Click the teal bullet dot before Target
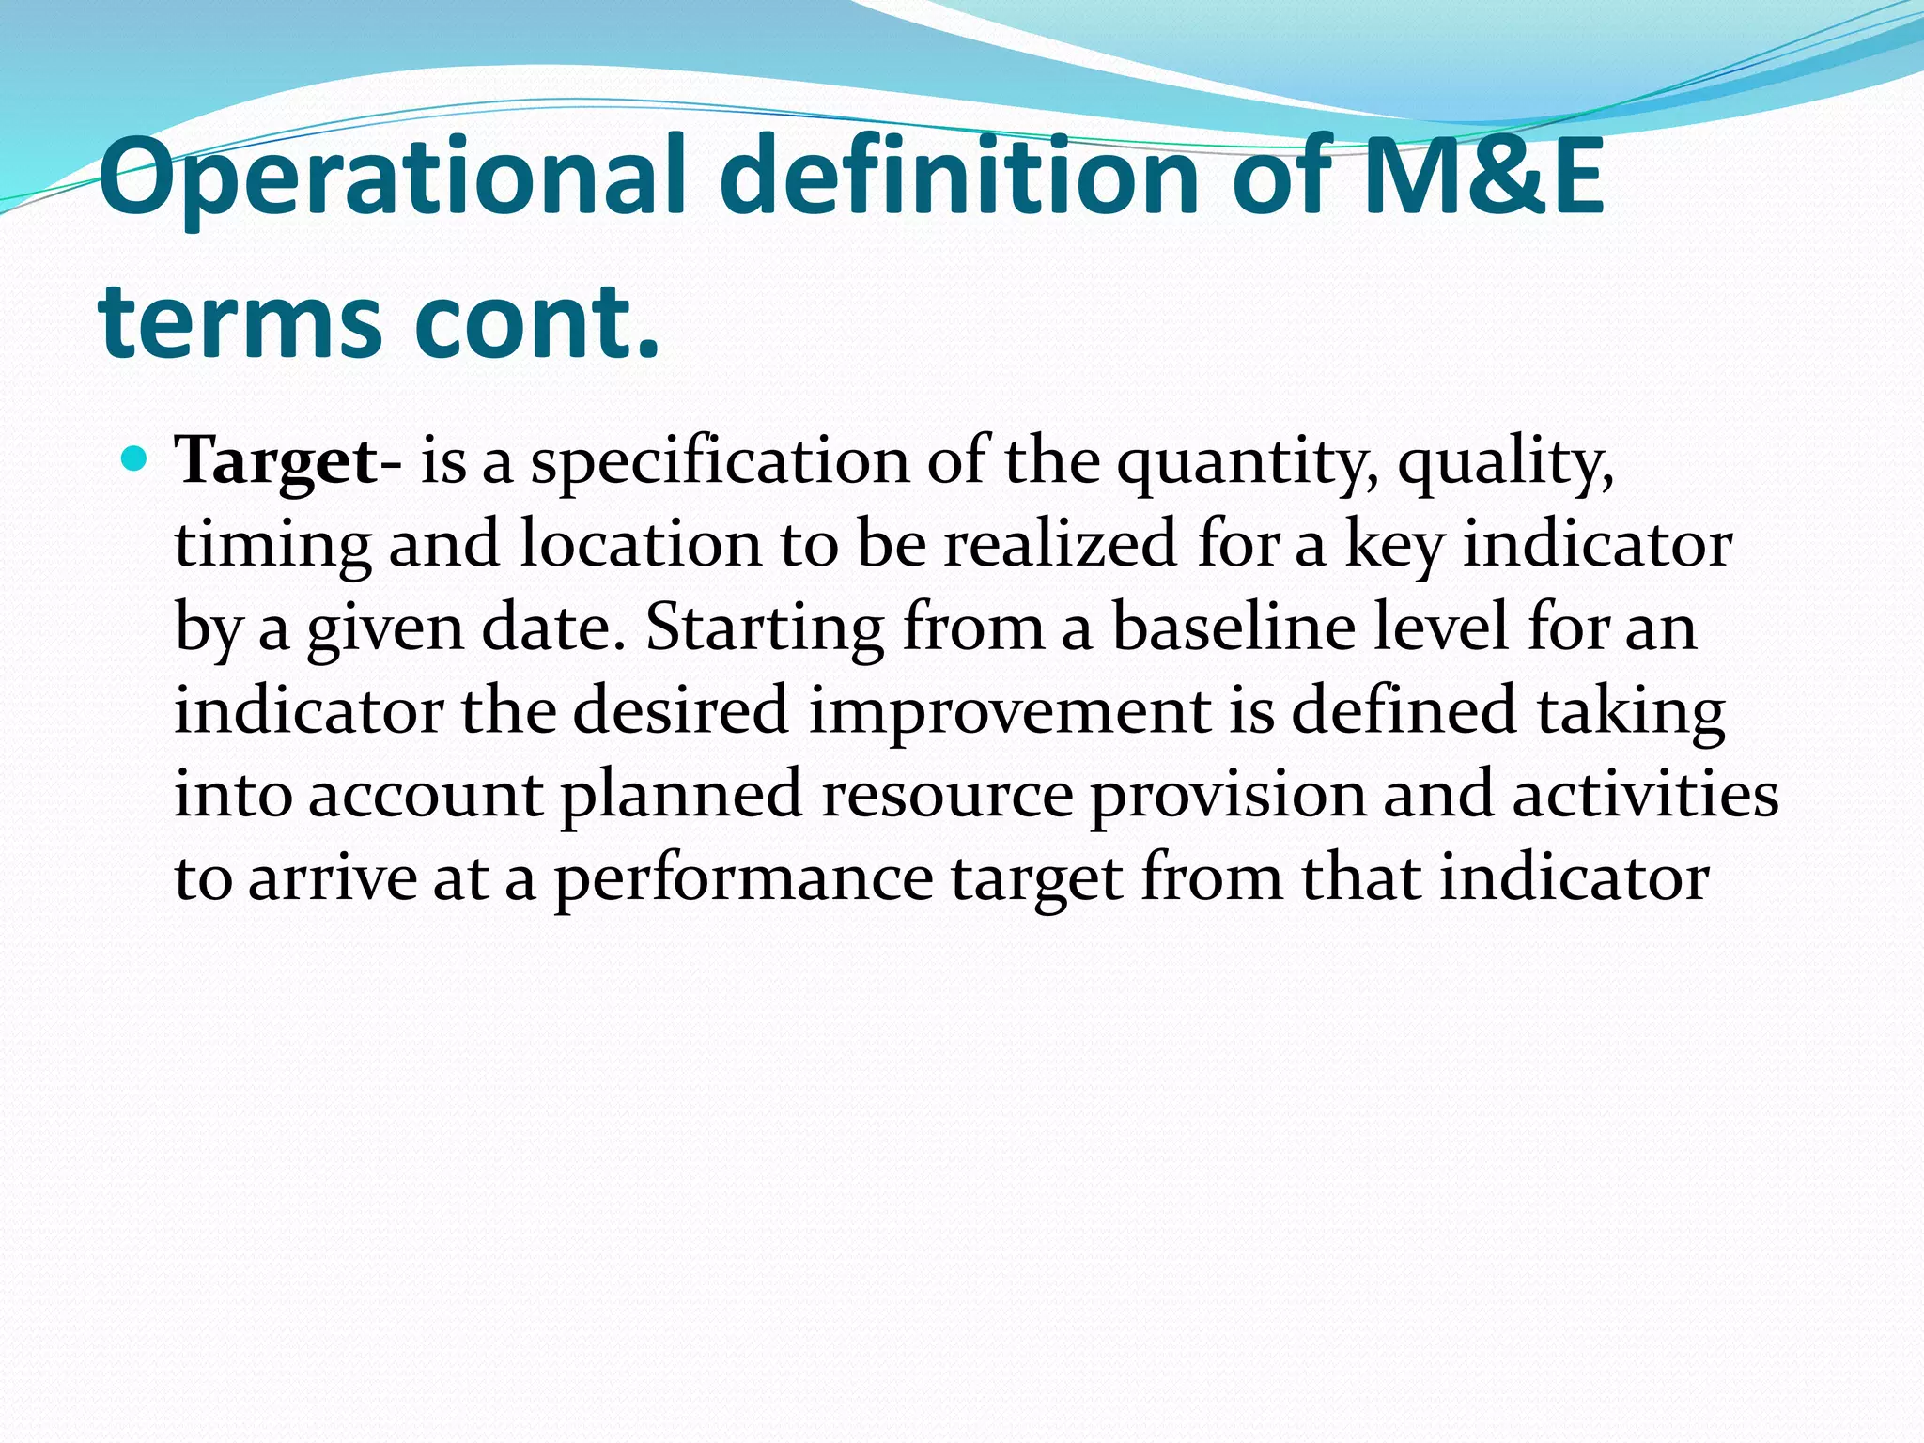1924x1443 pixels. click(x=135, y=459)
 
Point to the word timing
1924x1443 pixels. click(x=272, y=545)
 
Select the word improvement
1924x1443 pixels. click(x=1009, y=710)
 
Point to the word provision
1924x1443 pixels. click(x=1227, y=794)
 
